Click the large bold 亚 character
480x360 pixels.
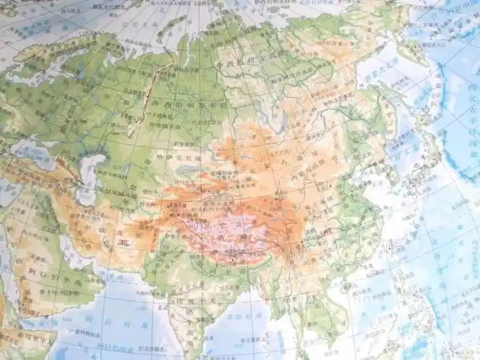(x=122, y=248)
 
